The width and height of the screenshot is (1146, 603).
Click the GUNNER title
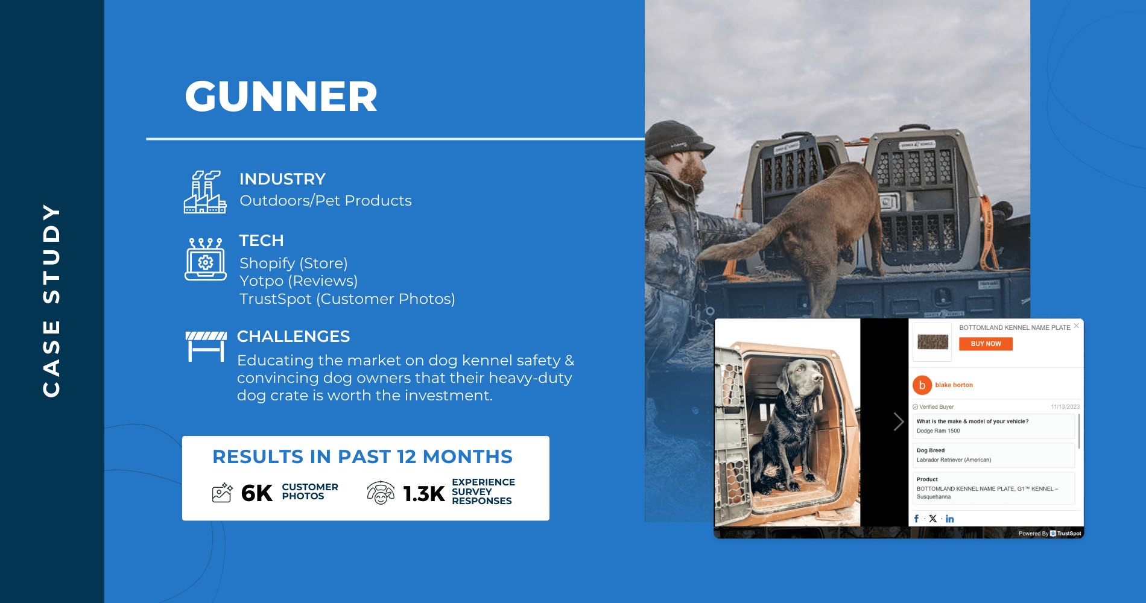(x=281, y=96)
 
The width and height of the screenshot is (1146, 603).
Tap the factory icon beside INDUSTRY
(x=205, y=192)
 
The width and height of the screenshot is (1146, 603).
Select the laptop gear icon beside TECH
(x=206, y=259)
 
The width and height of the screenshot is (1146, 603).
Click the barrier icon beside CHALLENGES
(x=206, y=346)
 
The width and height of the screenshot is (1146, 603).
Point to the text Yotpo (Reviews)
(x=299, y=281)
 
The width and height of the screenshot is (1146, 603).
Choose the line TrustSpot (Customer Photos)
(x=347, y=299)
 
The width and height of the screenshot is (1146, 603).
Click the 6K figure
(x=257, y=493)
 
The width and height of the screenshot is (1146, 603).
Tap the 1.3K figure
(x=423, y=494)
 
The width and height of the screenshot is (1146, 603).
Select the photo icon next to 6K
(x=222, y=493)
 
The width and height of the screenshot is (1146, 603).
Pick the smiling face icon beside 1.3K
(x=381, y=493)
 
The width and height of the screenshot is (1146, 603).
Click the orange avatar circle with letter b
(x=922, y=385)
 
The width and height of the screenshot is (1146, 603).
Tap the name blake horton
(x=954, y=385)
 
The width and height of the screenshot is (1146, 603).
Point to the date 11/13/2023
(x=1065, y=407)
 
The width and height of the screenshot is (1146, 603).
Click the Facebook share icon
(x=916, y=519)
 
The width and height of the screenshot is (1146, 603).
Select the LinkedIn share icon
(x=950, y=519)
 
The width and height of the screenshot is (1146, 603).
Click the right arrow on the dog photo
(x=898, y=421)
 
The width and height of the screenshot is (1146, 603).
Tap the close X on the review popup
(x=1077, y=326)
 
